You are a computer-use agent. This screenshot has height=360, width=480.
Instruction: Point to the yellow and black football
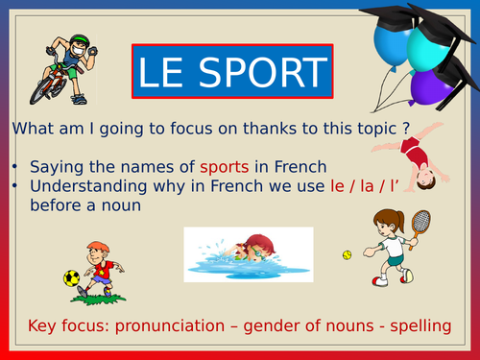click(72, 277)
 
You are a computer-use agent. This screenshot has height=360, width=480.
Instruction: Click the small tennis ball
click(347, 255)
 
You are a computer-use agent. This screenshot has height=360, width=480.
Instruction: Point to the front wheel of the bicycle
click(43, 89)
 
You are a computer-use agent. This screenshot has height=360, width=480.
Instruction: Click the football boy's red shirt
click(103, 267)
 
